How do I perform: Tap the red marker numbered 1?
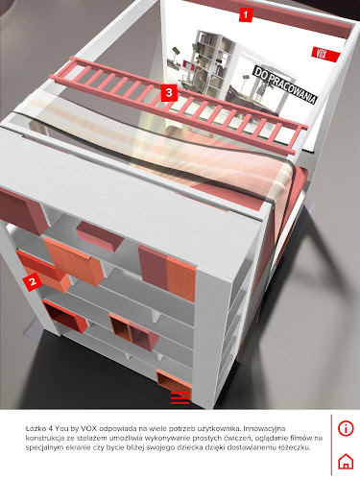(x=246, y=14)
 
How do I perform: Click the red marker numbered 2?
(x=33, y=282)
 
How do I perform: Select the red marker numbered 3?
(x=169, y=93)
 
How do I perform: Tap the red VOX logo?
(x=325, y=55)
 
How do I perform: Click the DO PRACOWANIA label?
(x=285, y=84)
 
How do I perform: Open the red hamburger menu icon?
(x=180, y=397)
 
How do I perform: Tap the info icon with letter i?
(x=346, y=428)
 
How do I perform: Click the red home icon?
(x=346, y=461)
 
